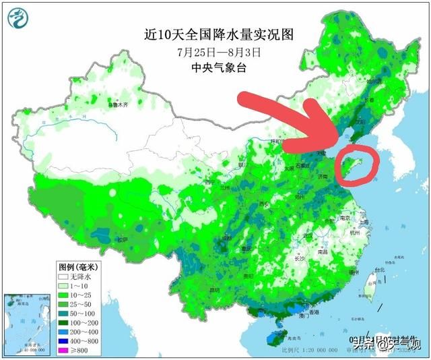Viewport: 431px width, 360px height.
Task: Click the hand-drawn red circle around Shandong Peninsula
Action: click(x=357, y=164)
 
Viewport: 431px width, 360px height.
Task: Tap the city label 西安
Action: click(x=264, y=204)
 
